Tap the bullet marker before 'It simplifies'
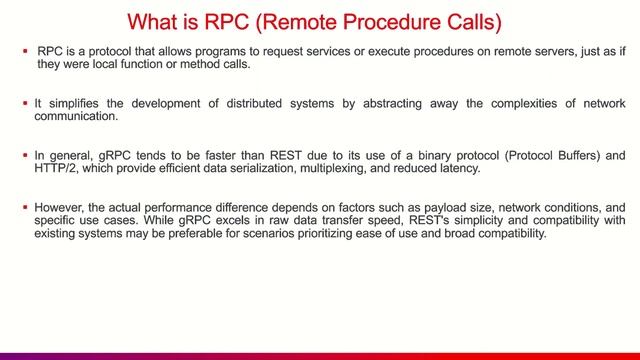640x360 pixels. [23, 103]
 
